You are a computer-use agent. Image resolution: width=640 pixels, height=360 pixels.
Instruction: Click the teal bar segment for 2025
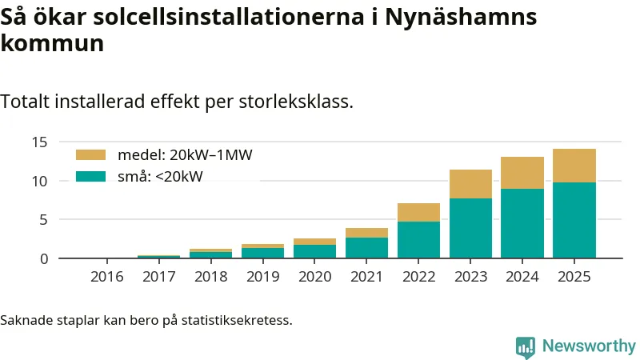[x=574, y=220]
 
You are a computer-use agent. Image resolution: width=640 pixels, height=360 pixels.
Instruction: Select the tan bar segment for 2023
[x=470, y=184]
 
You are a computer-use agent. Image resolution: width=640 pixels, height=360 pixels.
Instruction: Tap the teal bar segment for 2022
[x=418, y=239]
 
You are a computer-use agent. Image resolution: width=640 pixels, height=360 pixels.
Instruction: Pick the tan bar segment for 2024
[x=522, y=173]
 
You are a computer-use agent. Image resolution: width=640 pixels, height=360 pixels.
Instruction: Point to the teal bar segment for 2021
[x=366, y=247]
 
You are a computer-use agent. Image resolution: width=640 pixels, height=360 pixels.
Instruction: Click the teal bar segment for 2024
[x=522, y=223]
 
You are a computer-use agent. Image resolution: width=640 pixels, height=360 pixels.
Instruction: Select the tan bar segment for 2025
[x=574, y=166]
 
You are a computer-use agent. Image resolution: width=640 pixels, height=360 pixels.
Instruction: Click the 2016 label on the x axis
[x=107, y=277]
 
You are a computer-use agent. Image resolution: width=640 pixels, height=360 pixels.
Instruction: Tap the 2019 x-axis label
[x=263, y=277]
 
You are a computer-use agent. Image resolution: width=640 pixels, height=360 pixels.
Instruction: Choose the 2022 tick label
[x=418, y=277]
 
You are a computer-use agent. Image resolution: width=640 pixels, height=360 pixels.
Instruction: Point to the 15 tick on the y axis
[x=41, y=142]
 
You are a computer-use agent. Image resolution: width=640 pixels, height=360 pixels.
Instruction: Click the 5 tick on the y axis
[x=45, y=220]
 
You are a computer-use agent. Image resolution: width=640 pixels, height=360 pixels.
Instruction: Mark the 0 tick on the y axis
[x=45, y=258]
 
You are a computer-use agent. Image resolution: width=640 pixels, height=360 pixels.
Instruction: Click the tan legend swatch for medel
[x=90, y=155]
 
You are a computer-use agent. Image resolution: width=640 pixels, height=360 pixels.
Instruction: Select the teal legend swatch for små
[x=90, y=176]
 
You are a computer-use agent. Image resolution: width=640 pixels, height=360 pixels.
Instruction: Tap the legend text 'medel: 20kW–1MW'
[x=185, y=155]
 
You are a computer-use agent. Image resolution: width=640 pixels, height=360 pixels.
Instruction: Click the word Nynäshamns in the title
[x=461, y=18]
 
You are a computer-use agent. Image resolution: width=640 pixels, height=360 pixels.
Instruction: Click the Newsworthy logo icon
[x=526, y=346]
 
